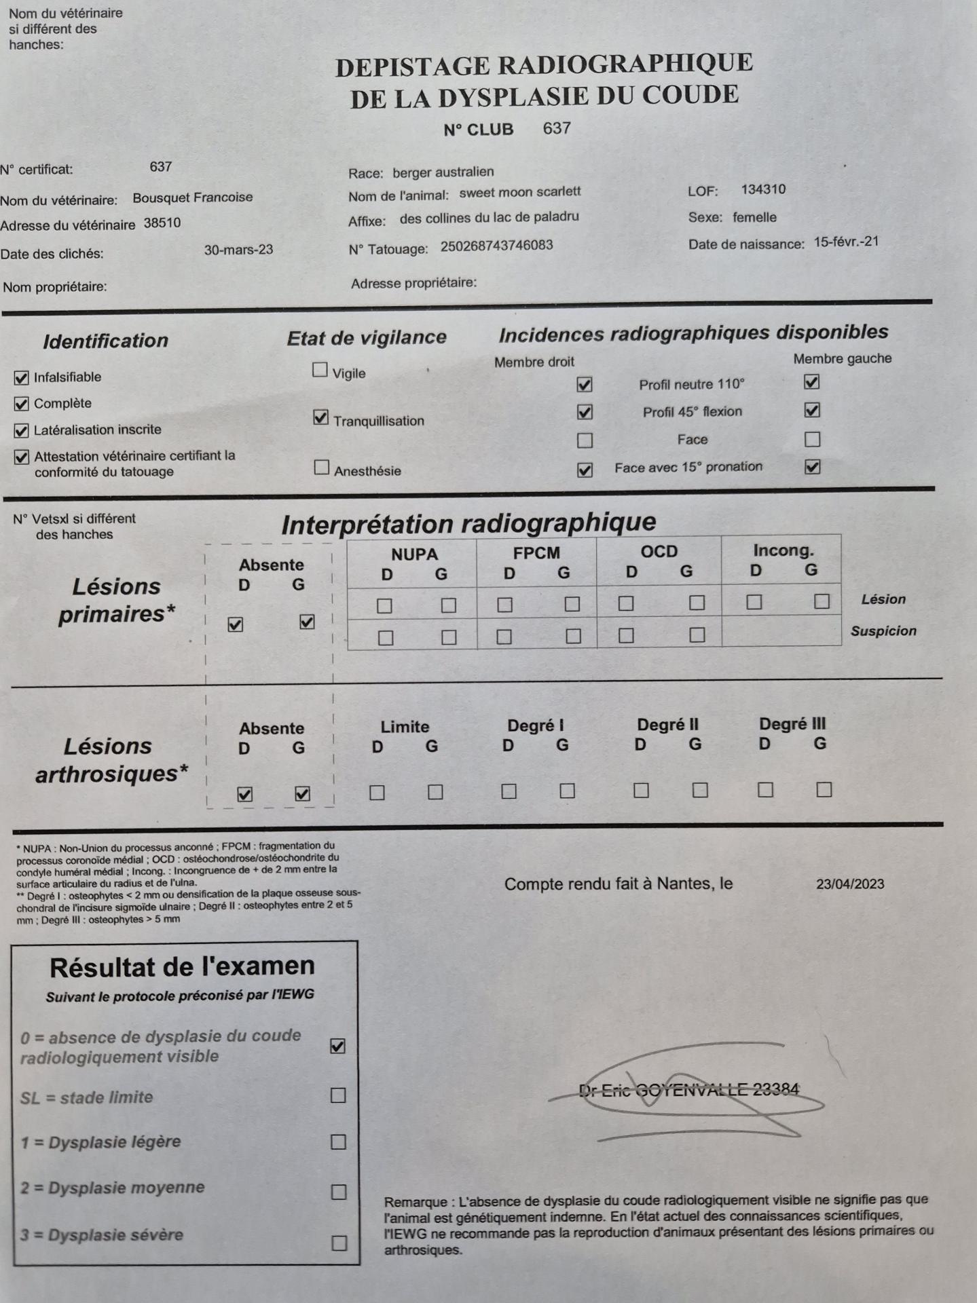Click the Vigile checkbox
(x=320, y=370)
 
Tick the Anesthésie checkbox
(x=322, y=468)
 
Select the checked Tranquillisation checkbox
(x=321, y=417)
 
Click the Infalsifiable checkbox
(x=22, y=377)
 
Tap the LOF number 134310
(x=763, y=189)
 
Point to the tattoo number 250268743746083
(x=496, y=246)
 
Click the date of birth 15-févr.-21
(x=846, y=242)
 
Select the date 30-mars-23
(x=238, y=250)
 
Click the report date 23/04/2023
(x=850, y=884)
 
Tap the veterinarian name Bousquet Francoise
(x=192, y=197)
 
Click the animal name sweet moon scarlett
(x=520, y=192)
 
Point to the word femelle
(x=754, y=217)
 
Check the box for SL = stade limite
(x=337, y=1095)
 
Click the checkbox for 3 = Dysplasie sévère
(x=339, y=1243)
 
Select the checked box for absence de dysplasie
(x=337, y=1046)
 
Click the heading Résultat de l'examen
(x=182, y=966)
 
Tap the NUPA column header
(x=414, y=554)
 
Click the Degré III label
(x=792, y=723)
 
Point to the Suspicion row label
(x=883, y=630)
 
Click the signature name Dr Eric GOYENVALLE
(x=688, y=1090)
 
